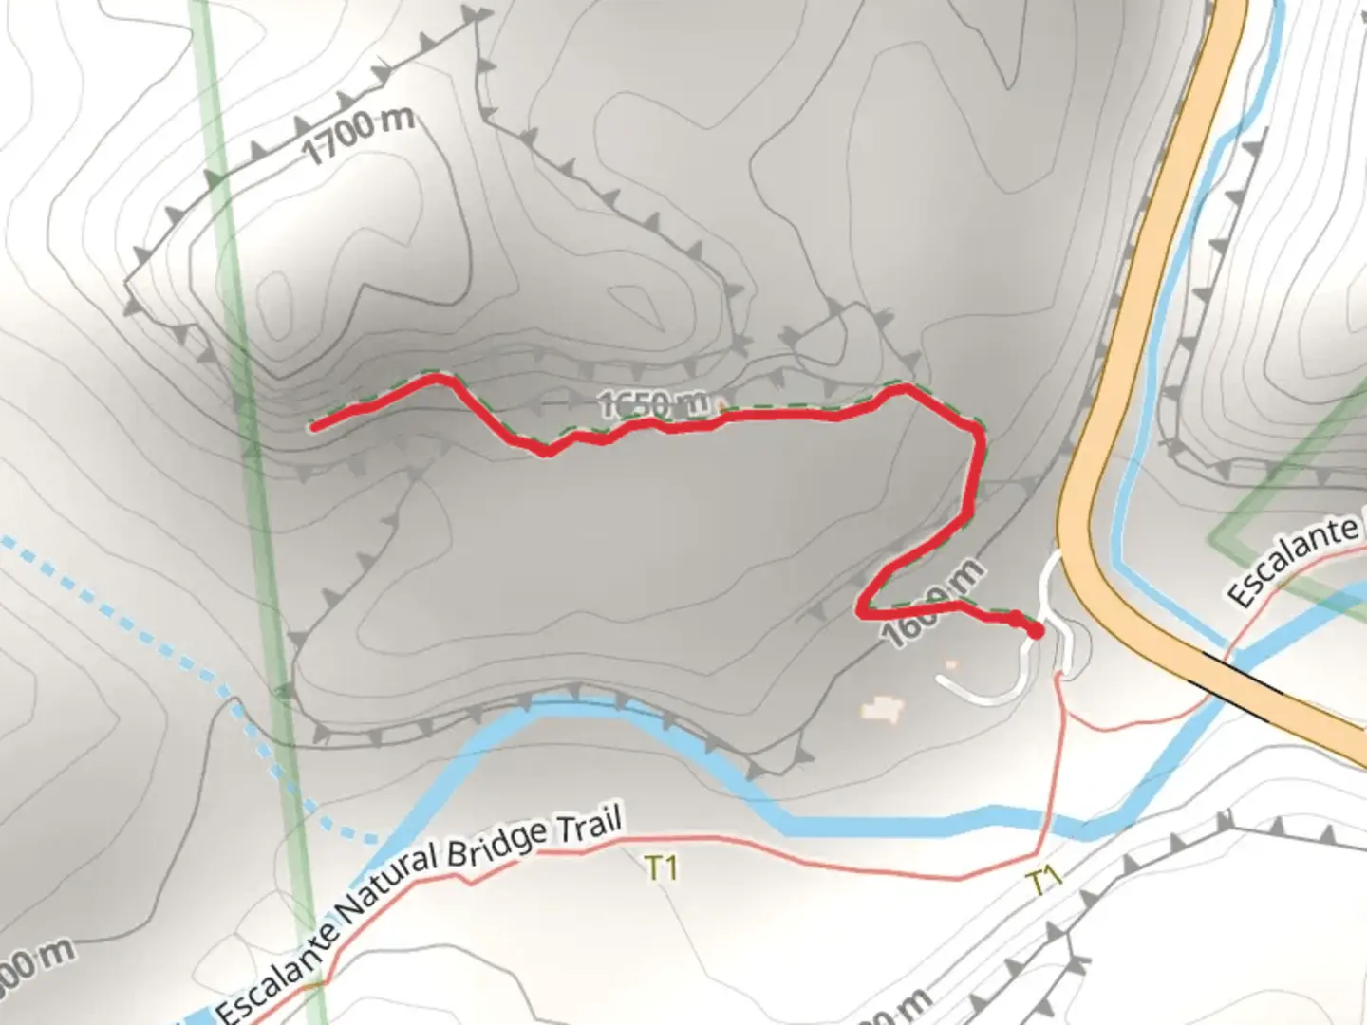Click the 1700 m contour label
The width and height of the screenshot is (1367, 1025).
click(x=359, y=135)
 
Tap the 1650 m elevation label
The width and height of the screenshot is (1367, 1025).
click(x=655, y=403)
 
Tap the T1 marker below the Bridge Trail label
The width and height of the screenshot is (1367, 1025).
click(x=661, y=867)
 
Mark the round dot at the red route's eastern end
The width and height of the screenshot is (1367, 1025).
click(x=1035, y=630)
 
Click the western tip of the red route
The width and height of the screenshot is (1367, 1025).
click(x=314, y=427)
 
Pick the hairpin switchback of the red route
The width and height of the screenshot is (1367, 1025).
click(x=862, y=607)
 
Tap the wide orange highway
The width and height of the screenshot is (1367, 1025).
click(x=1139, y=285)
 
